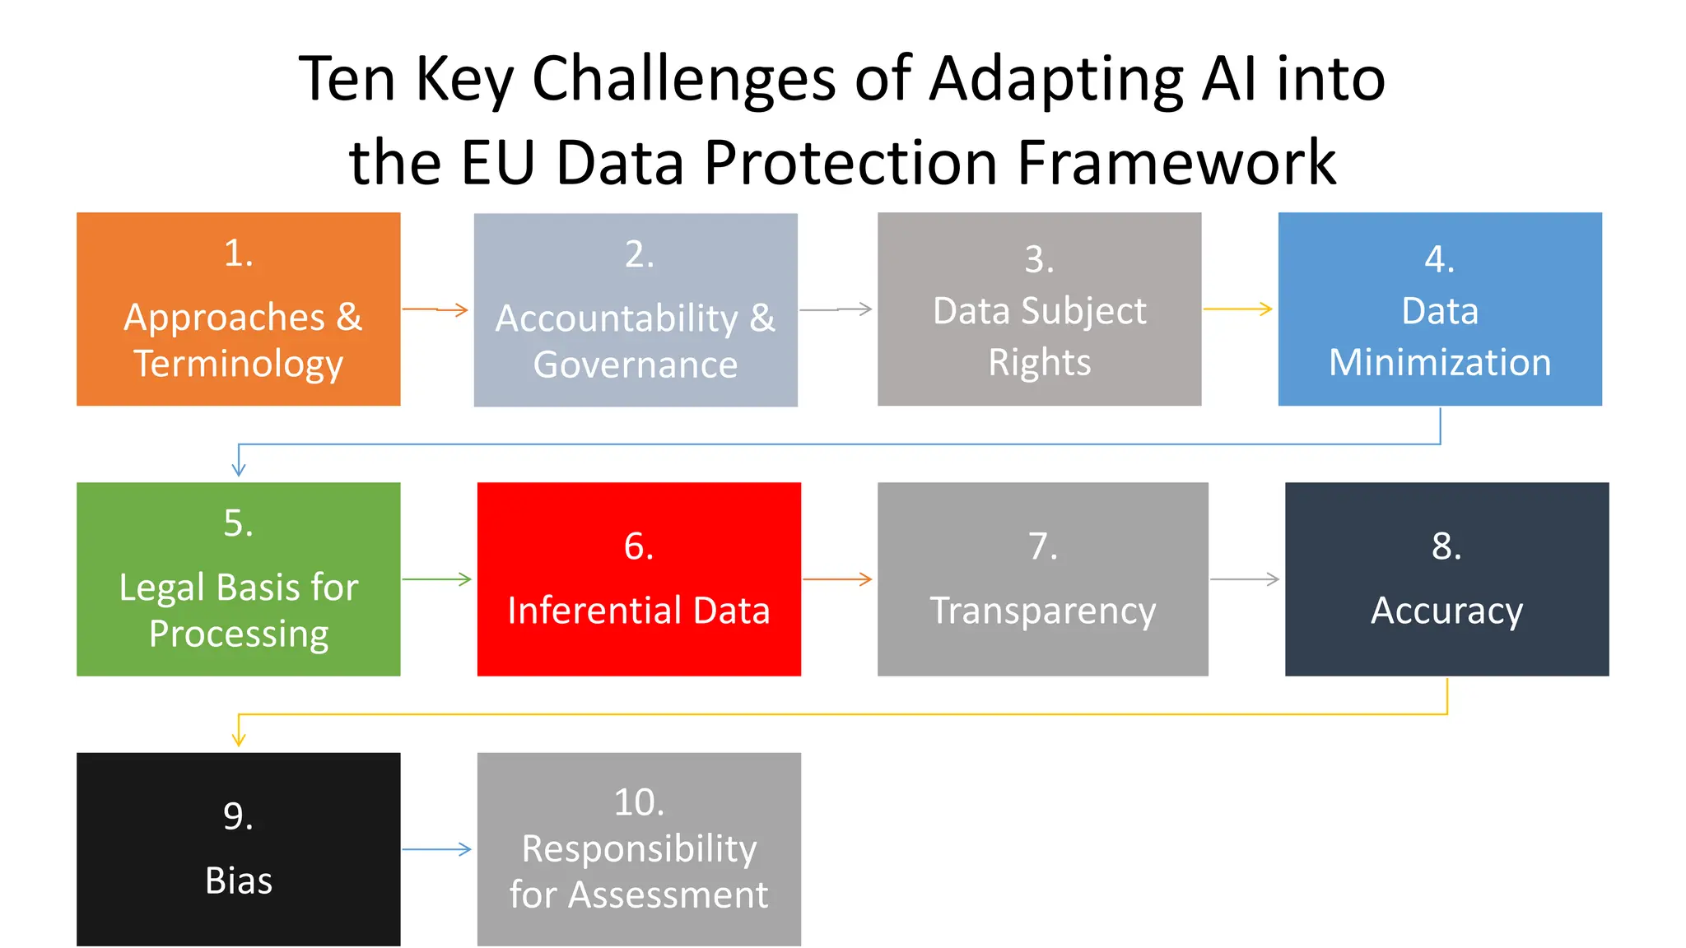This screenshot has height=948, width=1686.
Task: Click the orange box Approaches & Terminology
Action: (x=239, y=309)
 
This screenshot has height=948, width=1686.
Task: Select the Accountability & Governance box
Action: (x=636, y=310)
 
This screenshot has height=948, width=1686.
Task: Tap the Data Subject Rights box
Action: (x=1039, y=309)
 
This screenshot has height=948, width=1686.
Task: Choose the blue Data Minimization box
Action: (x=1440, y=309)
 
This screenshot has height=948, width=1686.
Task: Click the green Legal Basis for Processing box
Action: (x=239, y=579)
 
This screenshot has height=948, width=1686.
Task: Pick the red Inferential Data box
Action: (x=639, y=579)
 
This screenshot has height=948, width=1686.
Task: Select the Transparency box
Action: (x=1042, y=579)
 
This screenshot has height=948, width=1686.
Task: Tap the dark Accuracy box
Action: (x=1446, y=579)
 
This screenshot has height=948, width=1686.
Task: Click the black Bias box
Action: (x=239, y=849)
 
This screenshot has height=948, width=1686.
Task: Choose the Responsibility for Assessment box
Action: (x=639, y=849)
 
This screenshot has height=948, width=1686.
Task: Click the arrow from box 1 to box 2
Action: (x=435, y=309)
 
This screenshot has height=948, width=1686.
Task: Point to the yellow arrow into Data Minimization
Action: (x=1238, y=309)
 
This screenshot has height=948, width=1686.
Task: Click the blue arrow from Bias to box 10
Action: (x=437, y=849)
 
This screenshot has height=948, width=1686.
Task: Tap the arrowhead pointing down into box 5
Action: (x=239, y=469)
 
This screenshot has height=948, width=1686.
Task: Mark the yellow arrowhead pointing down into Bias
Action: (x=239, y=739)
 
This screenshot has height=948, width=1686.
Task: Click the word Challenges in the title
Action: (x=684, y=79)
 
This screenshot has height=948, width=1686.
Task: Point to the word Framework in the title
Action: (x=1176, y=162)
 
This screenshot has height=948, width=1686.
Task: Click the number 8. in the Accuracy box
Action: (x=1446, y=546)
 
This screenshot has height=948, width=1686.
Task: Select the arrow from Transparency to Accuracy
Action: (x=1245, y=579)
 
